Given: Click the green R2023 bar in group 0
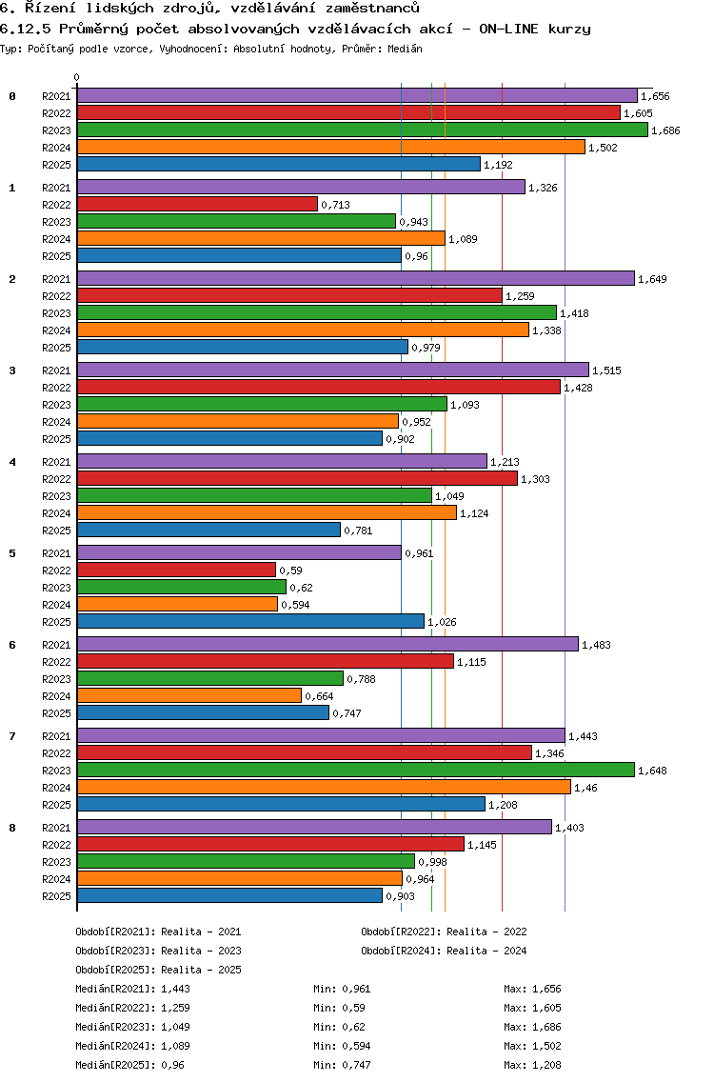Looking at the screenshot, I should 362,130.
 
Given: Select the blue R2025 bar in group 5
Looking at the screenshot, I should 250,621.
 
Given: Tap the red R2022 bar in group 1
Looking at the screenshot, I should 197,204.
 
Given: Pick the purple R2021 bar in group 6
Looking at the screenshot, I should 327,644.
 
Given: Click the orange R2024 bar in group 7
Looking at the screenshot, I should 324,787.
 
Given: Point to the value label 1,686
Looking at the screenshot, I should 665,130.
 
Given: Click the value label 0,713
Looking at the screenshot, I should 335,205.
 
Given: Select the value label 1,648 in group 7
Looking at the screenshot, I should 652,771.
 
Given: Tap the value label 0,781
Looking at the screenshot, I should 358,531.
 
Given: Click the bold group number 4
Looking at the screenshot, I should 12,462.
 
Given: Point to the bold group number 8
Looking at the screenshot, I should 12,828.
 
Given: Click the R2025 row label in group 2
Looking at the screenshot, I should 56,348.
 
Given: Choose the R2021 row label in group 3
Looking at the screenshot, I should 56,371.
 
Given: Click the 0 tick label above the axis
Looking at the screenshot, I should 76,77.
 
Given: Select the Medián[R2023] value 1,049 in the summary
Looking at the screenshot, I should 175,1027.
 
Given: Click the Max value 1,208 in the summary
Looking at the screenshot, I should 546,1065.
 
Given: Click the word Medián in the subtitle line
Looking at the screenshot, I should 405,48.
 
